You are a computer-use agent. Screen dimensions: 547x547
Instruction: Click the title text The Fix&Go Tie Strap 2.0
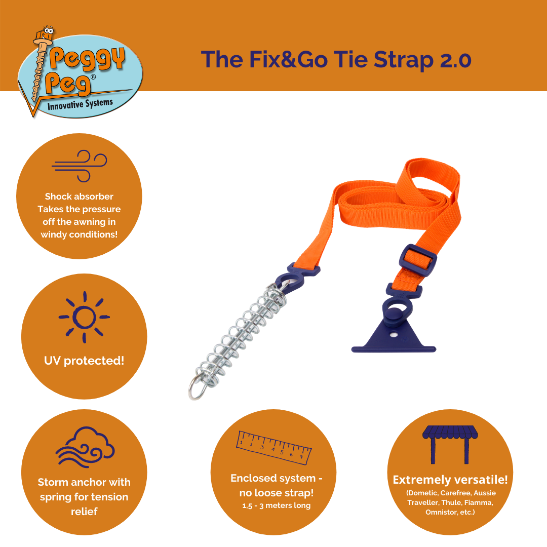[x=336, y=60]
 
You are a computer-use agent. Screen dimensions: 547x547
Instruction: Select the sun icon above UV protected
[x=84, y=317]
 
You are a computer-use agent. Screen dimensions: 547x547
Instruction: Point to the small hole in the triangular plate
[x=393, y=335]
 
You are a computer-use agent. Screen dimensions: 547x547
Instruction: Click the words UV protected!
[x=84, y=361]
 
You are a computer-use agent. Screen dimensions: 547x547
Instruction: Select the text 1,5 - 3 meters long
[x=276, y=505]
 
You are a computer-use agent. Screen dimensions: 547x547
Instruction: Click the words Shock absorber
[x=79, y=197]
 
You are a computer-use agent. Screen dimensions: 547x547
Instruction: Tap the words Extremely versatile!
[x=450, y=480]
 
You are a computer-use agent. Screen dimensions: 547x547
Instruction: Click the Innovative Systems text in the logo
[x=80, y=105]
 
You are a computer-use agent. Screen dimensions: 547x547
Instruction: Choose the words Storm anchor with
[x=84, y=482]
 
